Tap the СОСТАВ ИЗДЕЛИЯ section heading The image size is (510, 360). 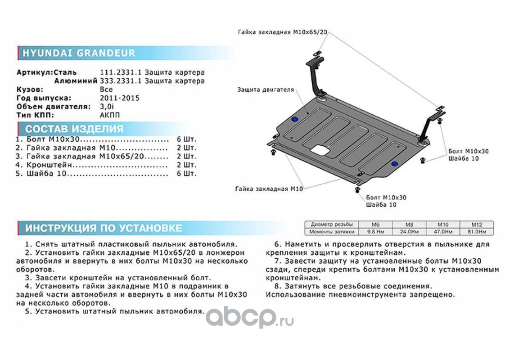tap(74, 129)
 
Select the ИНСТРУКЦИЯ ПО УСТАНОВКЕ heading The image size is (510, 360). tap(104, 228)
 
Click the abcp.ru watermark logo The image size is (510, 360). tap(249, 319)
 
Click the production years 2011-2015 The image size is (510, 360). tap(119, 98)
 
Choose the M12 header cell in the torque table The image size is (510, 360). tap(476, 224)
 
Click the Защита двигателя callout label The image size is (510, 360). tap(266, 90)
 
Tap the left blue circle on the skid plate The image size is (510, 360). tap(294, 119)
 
